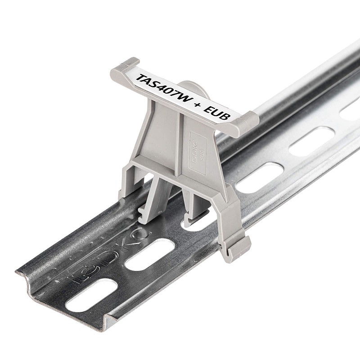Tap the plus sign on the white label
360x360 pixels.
[198, 106]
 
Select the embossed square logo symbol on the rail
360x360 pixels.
[78, 276]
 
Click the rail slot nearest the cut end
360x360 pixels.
[91, 296]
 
